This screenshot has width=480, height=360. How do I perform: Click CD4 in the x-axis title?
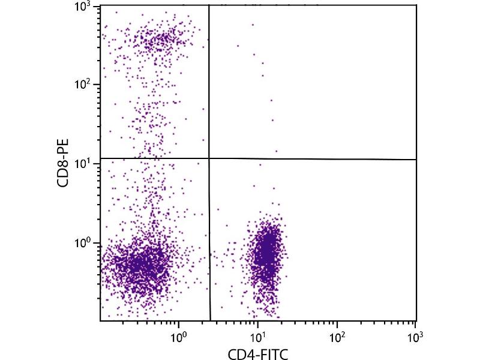click(241, 354)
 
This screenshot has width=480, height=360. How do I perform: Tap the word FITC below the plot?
click(274, 354)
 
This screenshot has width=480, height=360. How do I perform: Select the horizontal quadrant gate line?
click(312, 159)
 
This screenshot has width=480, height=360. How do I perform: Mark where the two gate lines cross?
click(209, 158)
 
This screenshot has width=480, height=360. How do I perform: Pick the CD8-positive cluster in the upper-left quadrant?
click(159, 41)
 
